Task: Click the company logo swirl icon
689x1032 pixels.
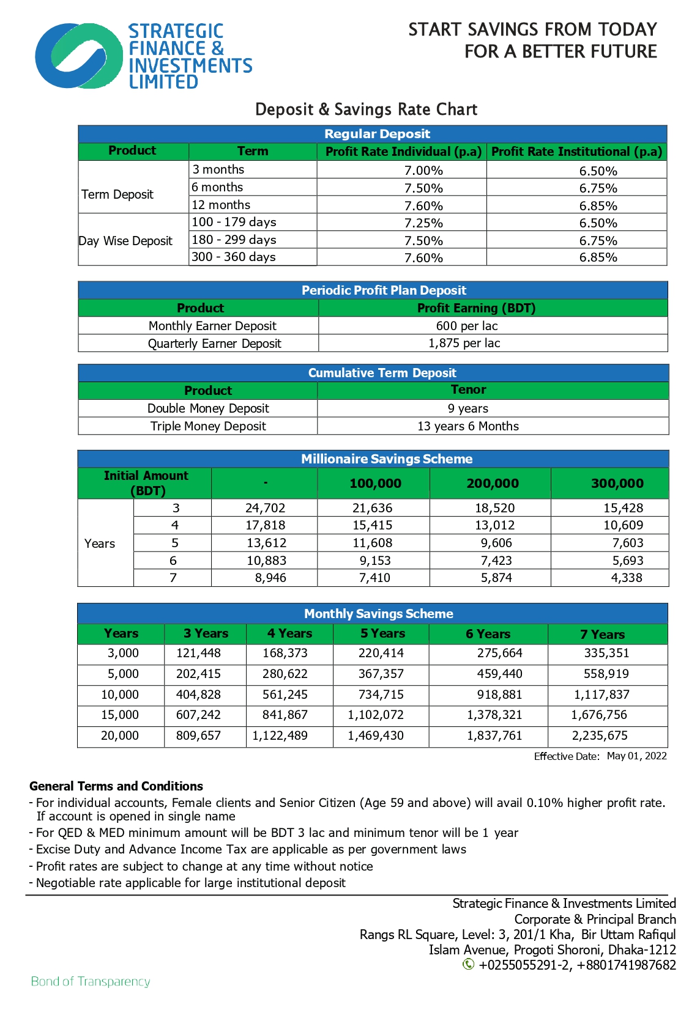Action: [79, 56]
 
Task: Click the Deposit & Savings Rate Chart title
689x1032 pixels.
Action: [366, 109]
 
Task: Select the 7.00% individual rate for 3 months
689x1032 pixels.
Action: [423, 171]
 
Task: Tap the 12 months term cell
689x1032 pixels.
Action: [221, 205]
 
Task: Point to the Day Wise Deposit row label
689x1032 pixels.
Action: [125, 241]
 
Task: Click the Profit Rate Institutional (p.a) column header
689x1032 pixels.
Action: [576, 152]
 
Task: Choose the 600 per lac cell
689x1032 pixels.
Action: [466, 326]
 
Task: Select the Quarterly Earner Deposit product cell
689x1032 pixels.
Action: [214, 344]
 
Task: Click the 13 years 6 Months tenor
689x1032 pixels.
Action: [467, 426]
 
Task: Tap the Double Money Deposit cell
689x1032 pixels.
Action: [208, 408]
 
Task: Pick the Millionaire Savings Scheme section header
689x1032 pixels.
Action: [387, 459]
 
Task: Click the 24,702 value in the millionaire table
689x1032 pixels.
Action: [265, 508]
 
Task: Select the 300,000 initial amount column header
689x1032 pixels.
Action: [617, 484]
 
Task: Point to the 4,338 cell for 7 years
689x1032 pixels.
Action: [627, 578]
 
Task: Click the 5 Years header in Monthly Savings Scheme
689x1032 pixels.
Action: [382, 633]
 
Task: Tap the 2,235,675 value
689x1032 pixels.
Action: [600, 735]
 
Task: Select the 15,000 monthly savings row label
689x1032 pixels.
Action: [120, 715]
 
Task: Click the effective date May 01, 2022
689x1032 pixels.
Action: [636, 756]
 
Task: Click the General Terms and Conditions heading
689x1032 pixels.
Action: [116, 786]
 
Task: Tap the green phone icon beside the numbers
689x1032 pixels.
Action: [468, 964]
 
